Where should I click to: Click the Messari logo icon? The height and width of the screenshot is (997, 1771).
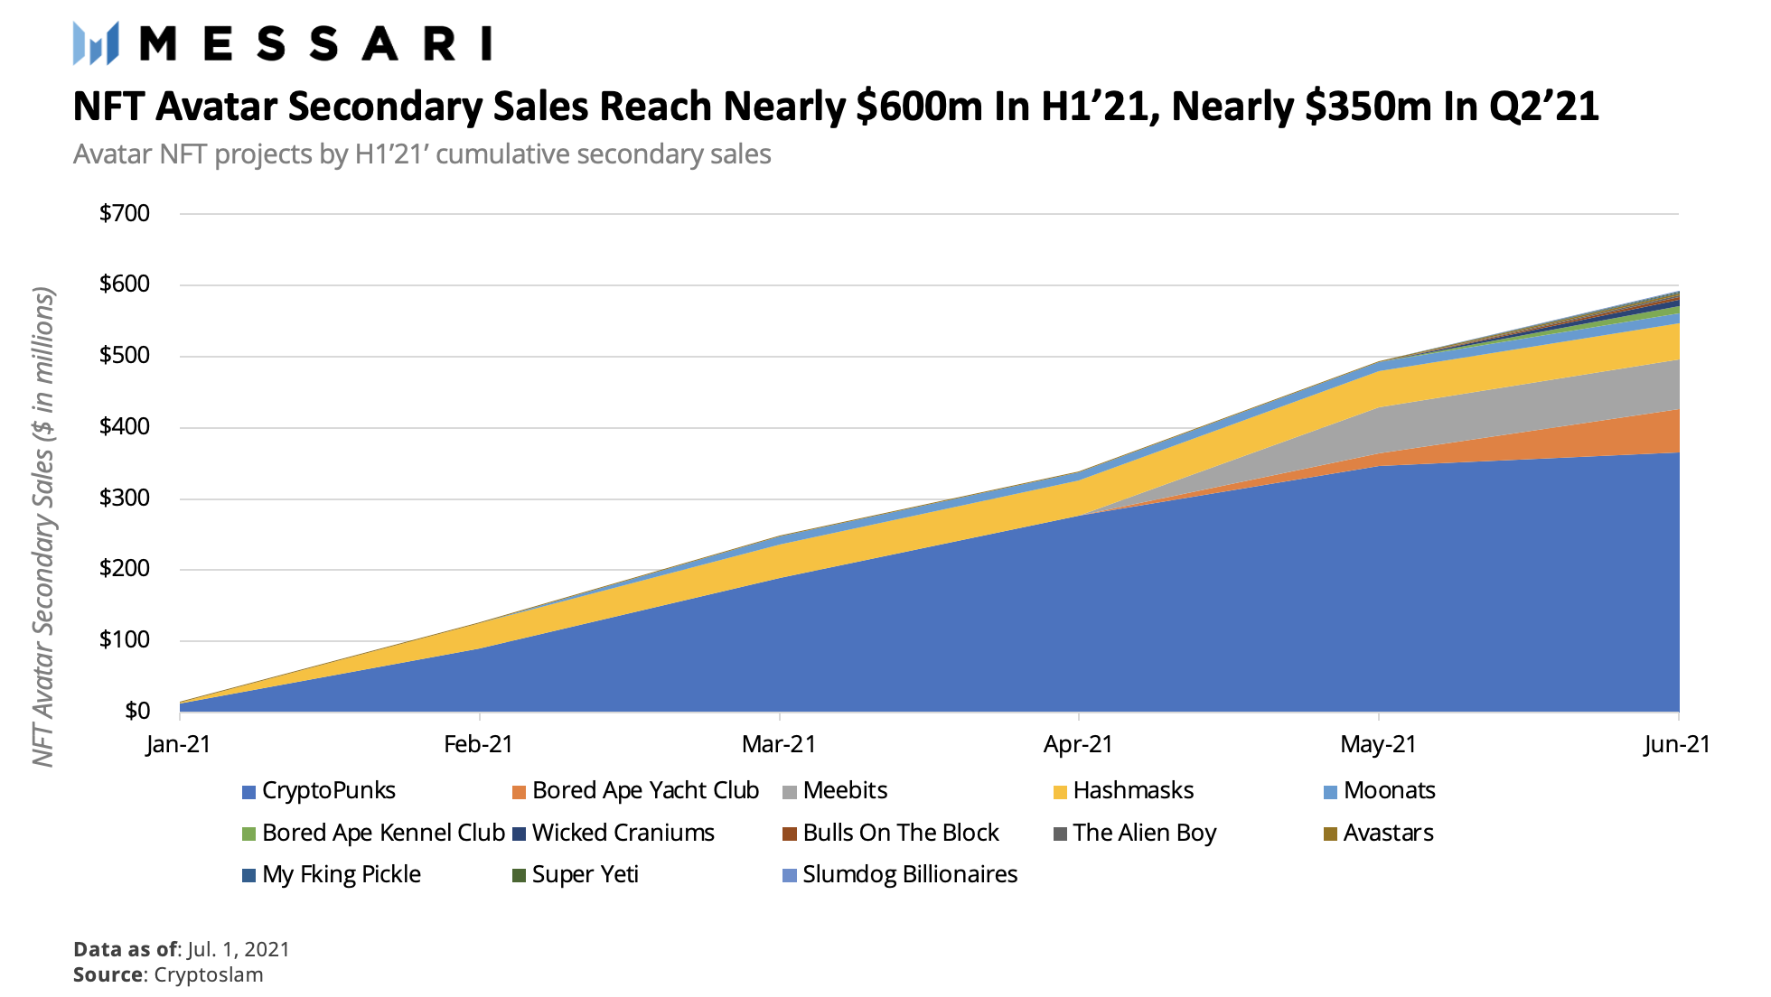click(96, 42)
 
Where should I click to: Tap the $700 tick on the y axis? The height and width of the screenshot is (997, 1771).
click(125, 213)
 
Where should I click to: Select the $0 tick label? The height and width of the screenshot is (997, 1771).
click(136, 711)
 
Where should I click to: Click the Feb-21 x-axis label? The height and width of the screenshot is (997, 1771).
click(479, 744)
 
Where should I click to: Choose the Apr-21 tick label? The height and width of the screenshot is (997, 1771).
click(1078, 744)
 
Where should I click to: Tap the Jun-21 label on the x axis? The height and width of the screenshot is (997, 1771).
click(1677, 744)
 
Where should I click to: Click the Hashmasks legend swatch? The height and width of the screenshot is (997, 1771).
click(1060, 793)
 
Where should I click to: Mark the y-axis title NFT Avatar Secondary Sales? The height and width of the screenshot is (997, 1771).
click(43, 526)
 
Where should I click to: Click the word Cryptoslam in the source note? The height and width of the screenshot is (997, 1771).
click(209, 975)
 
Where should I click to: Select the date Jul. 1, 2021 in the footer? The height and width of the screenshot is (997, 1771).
click(239, 949)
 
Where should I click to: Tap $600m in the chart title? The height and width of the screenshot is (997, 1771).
click(919, 107)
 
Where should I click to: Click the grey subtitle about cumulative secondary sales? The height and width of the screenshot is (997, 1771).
click(422, 154)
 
